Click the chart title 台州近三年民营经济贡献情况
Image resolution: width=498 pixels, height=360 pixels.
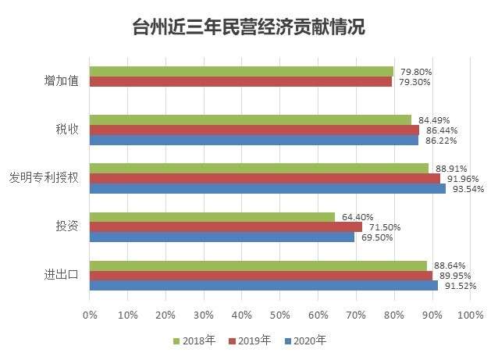pyautogui.click(x=248, y=27)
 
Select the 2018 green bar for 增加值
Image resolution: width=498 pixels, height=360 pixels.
pyautogui.click(x=241, y=71)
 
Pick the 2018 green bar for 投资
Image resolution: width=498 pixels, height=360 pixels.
pyautogui.click(x=212, y=217)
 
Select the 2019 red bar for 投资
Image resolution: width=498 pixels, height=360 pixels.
pyautogui.click(x=226, y=227)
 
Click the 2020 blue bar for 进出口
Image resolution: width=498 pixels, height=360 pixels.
pyautogui.click(x=264, y=286)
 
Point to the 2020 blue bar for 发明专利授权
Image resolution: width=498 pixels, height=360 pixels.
pyautogui.click(x=268, y=188)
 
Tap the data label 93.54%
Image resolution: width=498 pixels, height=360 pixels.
pyautogui.click(x=470, y=189)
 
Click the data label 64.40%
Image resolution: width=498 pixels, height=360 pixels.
pyautogui.click(x=358, y=217)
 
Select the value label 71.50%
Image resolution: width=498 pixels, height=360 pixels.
pyautogui.click(x=386, y=227)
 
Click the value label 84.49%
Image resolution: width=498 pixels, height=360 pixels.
pyautogui.click(x=435, y=120)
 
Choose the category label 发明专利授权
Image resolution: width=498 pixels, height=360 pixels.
pyautogui.click(x=44, y=177)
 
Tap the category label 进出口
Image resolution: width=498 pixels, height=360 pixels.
pyautogui.click(x=61, y=275)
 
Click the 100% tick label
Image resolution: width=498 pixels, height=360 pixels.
pyautogui.click(x=471, y=315)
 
